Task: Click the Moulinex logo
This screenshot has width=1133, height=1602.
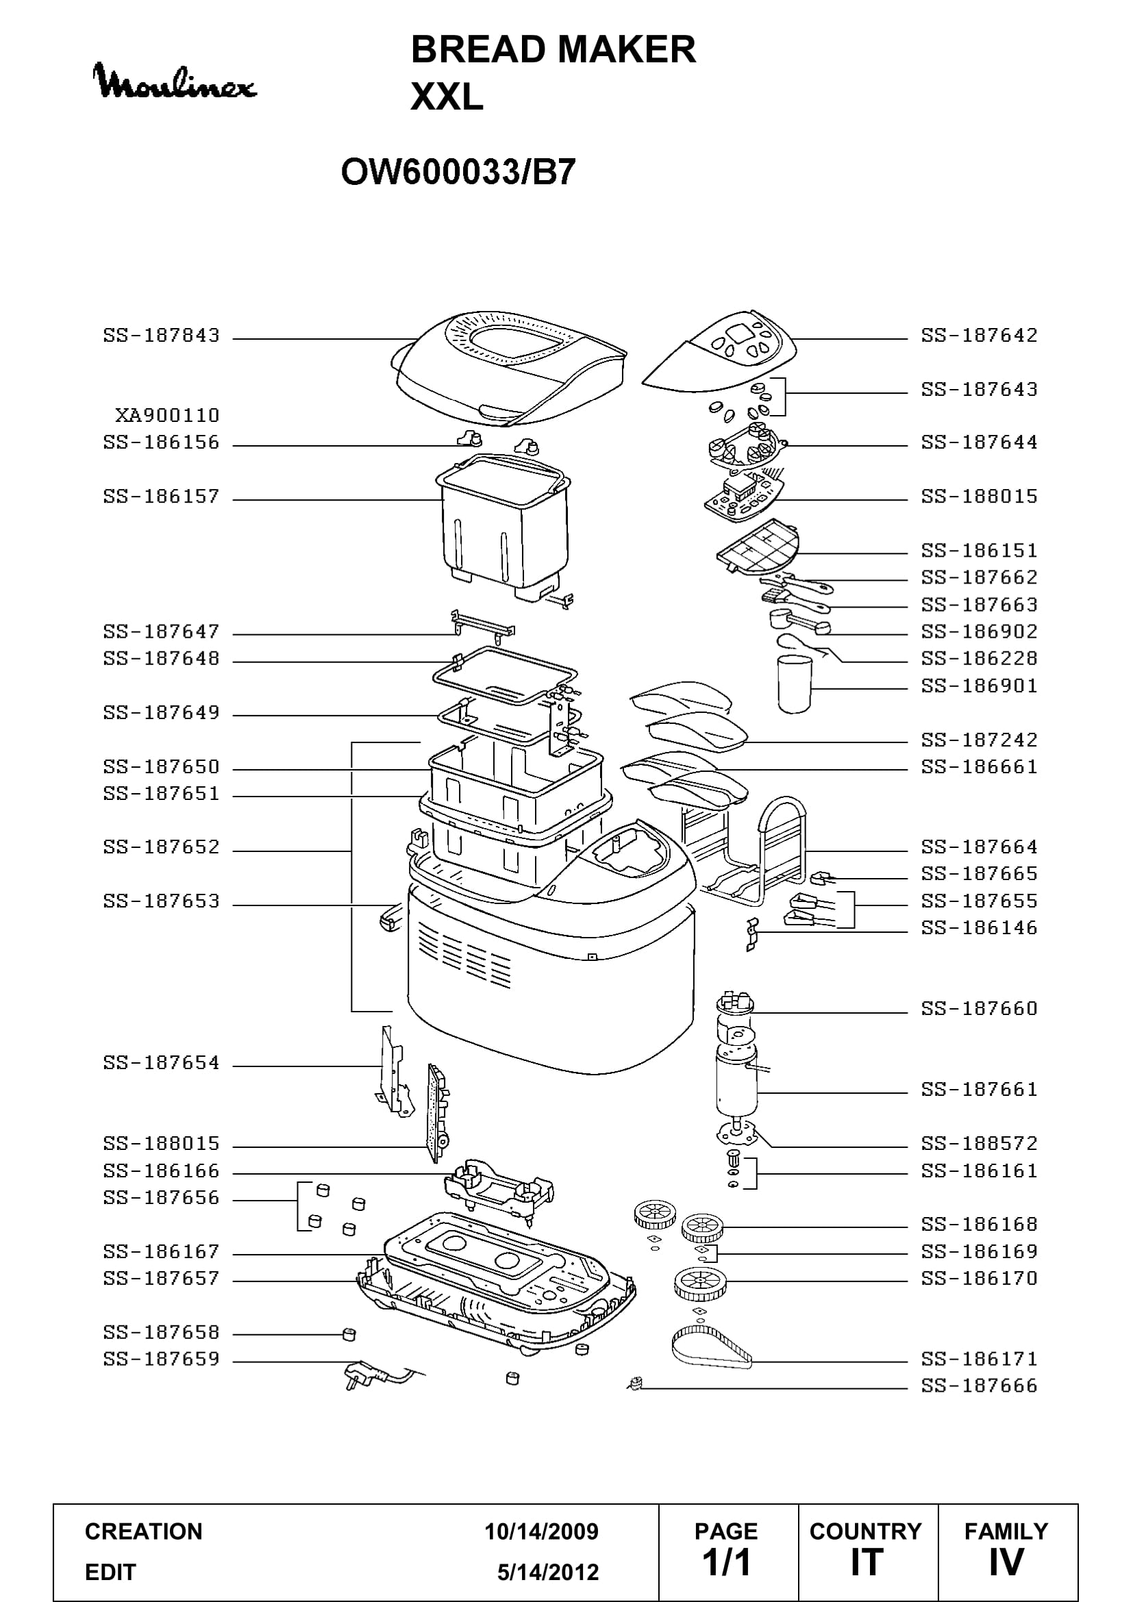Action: pyautogui.click(x=175, y=81)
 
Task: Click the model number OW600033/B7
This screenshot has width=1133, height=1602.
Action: pyautogui.click(x=458, y=172)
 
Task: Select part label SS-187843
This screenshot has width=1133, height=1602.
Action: pyautogui.click(x=161, y=336)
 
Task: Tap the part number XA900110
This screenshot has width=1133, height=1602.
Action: pyautogui.click(x=167, y=416)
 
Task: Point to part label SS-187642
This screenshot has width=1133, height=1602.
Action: pyautogui.click(x=980, y=336)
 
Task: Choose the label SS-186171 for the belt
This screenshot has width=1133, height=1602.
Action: pyautogui.click(x=980, y=1359)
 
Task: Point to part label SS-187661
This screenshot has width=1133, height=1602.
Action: pyautogui.click(x=980, y=1089)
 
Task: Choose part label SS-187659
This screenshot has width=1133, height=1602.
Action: pyautogui.click(x=161, y=1359)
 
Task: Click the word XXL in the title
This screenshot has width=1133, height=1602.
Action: pyautogui.click(x=447, y=97)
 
